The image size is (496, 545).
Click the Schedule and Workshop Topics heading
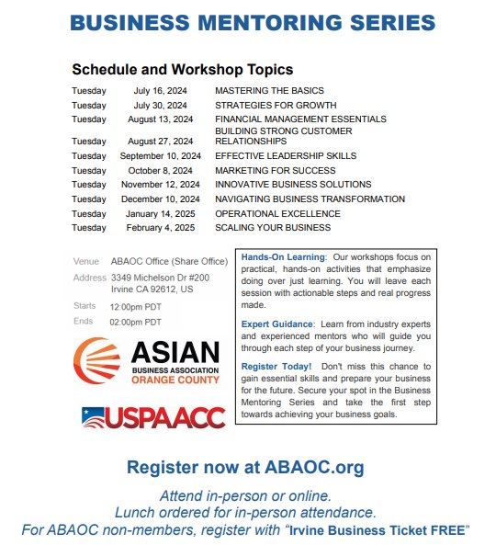click(183, 69)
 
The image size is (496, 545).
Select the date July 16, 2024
click(161, 91)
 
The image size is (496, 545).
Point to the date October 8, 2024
click(161, 170)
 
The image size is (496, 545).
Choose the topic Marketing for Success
click(275, 170)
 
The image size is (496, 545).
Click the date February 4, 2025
click(161, 227)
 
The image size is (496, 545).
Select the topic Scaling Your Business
click(273, 227)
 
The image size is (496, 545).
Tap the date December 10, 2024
click(161, 199)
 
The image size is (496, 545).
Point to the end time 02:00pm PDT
click(135, 322)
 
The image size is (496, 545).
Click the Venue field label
click(85, 262)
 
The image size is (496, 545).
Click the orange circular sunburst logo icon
click(96, 362)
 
